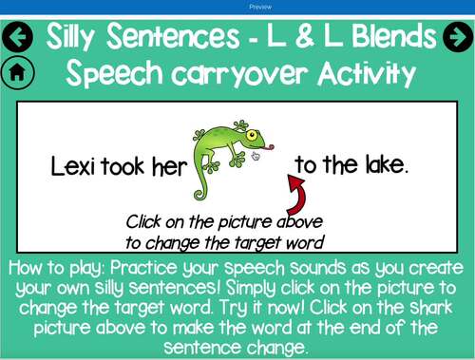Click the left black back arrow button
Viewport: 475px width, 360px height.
[19, 38]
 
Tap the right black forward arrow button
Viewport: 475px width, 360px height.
[457, 38]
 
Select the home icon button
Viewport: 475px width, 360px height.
[18, 72]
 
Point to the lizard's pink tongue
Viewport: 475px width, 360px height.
[272, 147]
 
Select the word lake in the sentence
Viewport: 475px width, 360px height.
[385, 165]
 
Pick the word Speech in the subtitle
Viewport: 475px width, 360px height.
[114, 73]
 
